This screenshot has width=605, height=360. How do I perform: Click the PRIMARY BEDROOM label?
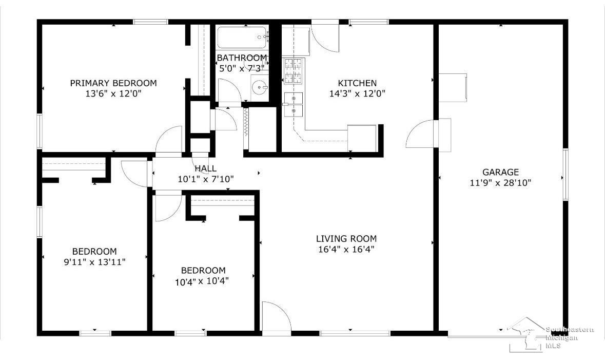click(x=113, y=83)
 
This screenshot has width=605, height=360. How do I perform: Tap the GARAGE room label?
click(x=500, y=172)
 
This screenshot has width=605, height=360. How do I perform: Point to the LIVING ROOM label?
click(x=346, y=239)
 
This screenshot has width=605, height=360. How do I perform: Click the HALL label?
click(x=206, y=168)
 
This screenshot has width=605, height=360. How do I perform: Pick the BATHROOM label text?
click(x=242, y=58)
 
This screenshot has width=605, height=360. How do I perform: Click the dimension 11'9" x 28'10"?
click(x=500, y=183)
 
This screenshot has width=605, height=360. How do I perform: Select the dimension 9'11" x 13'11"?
click(x=94, y=262)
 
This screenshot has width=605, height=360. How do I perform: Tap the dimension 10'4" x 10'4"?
click(x=202, y=281)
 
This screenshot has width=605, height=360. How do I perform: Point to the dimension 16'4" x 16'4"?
click(x=346, y=249)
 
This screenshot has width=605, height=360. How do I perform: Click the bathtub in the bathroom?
click(x=242, y=37)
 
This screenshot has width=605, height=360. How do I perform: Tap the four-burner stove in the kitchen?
click(x=293, y=71)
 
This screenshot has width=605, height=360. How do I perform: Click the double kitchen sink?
click(x=293, y=104)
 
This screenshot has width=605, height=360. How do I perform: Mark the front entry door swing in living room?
click(x=276, y=316)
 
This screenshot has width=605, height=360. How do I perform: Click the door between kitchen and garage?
click(x=421, y=133)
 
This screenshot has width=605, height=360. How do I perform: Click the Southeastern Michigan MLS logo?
click(x=550, y=335)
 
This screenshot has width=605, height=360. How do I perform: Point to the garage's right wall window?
click(x=565, y=175)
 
